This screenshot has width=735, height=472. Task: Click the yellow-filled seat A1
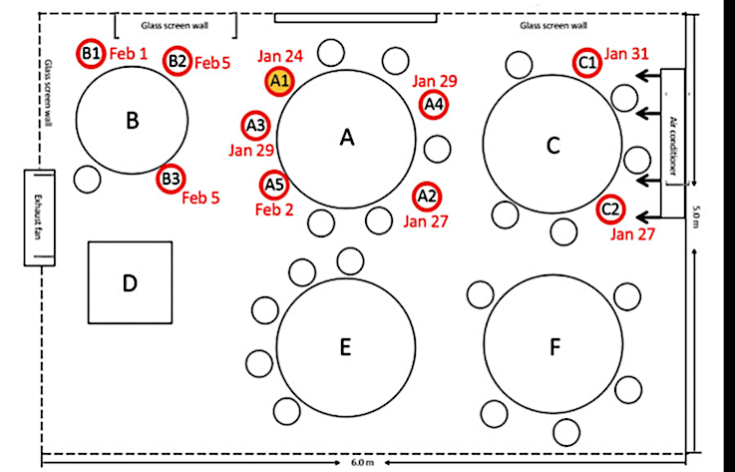[279, 82]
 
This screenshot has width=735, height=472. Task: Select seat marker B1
[91, 54]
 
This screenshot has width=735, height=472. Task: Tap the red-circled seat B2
[178, 61]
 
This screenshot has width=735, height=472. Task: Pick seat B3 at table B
[171, 179]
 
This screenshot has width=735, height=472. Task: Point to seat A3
[255, 126]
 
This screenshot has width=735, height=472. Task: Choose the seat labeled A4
[434, 104]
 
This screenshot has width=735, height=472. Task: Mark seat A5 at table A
[273, 185]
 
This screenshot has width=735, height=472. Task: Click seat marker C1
[586, 63]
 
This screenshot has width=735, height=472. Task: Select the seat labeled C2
[610, 210]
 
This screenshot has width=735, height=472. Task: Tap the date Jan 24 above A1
[280, 56]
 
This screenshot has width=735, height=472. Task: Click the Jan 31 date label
[626, 54]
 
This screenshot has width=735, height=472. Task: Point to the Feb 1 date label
[129, 54]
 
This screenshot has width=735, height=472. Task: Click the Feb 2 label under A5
[274, 210]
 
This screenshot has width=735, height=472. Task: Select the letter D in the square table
[130, 283]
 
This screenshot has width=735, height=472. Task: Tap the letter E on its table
[345, 347]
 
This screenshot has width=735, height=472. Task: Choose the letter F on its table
[555, 347]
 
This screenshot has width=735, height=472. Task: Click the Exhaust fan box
[39, 218]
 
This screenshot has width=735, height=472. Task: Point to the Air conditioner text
[673, 146]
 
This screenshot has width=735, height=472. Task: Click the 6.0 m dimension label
[363, 463]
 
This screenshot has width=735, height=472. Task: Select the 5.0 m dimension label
[696, 217]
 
